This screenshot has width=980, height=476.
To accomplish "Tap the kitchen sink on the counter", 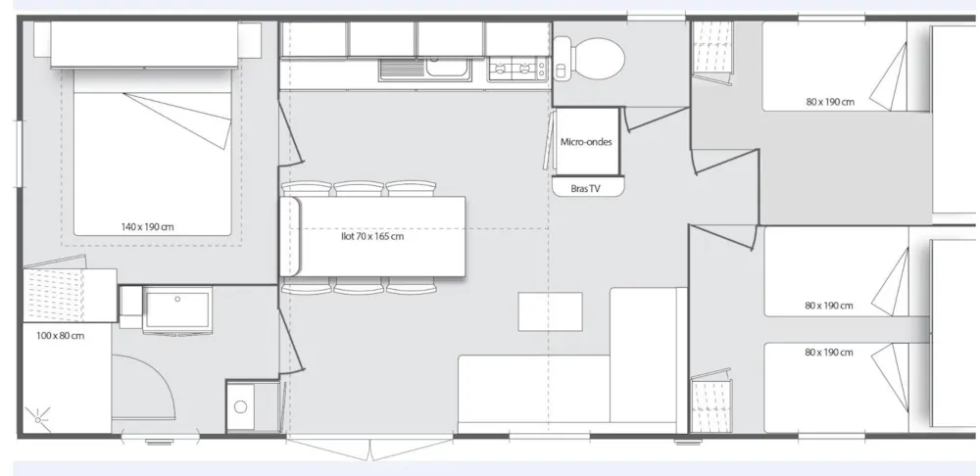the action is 425,69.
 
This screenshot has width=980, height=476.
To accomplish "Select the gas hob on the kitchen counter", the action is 518,69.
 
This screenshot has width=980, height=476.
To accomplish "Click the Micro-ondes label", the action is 586,142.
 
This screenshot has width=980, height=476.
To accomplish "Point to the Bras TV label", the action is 586,189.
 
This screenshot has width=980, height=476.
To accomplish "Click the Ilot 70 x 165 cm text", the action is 372,237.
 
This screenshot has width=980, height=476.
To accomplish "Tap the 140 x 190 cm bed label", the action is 148,227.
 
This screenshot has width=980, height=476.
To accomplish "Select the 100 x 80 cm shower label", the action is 60,335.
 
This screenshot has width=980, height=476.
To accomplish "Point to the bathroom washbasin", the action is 177,309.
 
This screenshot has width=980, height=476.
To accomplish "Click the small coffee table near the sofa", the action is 550,311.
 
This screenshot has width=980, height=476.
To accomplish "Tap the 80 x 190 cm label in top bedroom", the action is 829,102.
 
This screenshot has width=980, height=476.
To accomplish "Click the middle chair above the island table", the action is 359,189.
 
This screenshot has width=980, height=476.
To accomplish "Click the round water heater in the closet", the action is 241,407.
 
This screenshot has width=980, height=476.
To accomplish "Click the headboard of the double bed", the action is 144,44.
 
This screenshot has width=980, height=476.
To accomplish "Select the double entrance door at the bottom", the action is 371,448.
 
